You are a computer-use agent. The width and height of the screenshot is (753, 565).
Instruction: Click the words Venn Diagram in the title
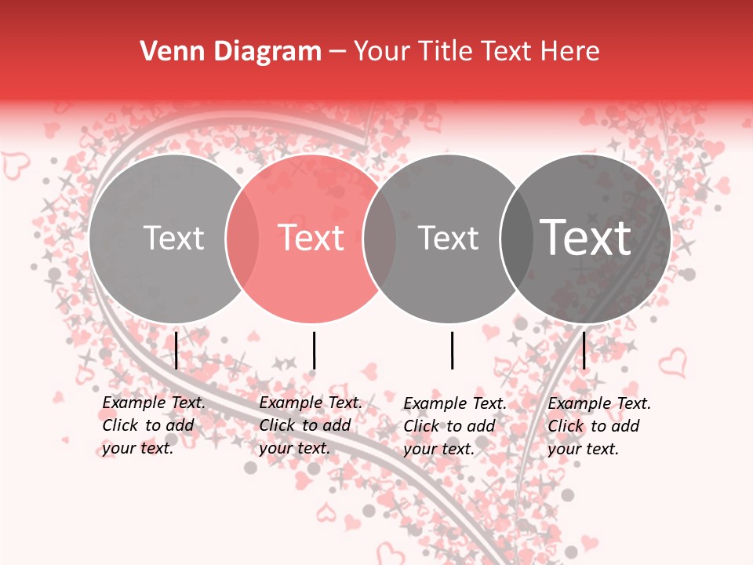pyautogui.click(x=231, y=52)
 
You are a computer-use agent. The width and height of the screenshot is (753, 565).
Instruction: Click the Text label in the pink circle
pyautogui.click(x=311, y=238)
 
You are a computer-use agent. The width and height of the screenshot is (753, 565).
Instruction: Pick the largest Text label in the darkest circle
pyautogui.click(x=586, y=237)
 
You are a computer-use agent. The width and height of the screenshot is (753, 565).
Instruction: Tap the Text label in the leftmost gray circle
pyautogui.click(x=173, y=238)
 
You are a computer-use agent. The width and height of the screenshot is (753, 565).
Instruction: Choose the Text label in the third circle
pyautogui.click(x=448, y=238)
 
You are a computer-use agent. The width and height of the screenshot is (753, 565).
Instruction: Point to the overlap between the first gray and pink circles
pyautogui.click(x=242, y=239)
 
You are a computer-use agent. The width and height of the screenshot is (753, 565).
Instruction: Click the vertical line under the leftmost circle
pyautogui.click(x=176, y=350)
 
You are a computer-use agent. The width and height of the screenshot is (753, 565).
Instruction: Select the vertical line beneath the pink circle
pyautogui.click(x=314, y=350)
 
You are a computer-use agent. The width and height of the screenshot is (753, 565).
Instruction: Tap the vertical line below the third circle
pyautogui.click(x=452, y=350)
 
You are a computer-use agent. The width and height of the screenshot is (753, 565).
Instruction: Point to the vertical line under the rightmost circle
pyautogui.click(x=584, y=350)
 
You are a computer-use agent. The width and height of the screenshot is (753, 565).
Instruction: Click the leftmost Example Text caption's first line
pyautogui.click(x=154, y=403)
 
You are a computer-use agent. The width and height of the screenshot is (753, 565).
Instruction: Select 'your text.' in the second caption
pyautogui.click(x=294, y=448)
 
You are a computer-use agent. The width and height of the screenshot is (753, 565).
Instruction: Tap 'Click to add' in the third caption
pyautogui.click(x=449, y=426)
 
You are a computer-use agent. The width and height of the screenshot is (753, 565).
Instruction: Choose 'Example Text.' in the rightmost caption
pyautogui.click(x=599, y=403)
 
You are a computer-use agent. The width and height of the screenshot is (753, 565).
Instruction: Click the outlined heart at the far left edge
pyautogui.click(x=15, y=165)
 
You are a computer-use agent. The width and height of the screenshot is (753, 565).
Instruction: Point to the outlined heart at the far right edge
pyautogui.click(x=671, y=363)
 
